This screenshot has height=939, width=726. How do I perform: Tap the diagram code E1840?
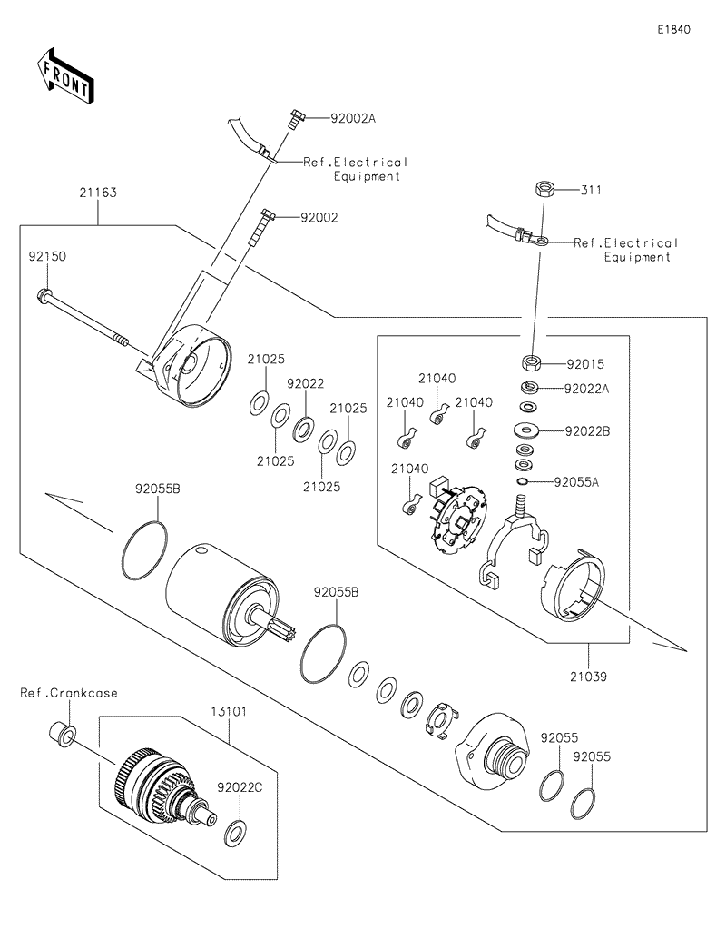coord(674,30)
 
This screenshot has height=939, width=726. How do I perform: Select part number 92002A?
coord(328,118)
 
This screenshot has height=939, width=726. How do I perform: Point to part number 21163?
coord(98,193)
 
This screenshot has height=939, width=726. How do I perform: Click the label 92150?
coord(46,257)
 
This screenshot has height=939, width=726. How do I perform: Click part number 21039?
coord(591,676)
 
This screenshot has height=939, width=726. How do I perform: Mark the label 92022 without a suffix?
coord(306,384)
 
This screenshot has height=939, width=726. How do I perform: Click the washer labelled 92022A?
coord(529,389)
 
